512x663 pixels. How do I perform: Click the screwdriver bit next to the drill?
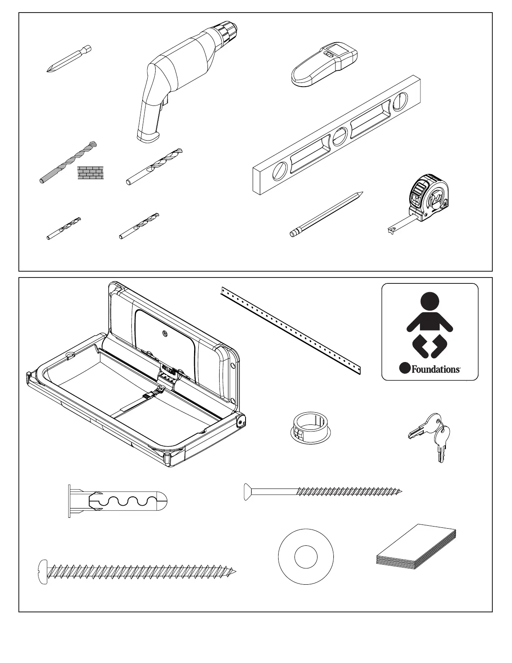pos(69,59)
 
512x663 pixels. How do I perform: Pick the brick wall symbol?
pos(90,172)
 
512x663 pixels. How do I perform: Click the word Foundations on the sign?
pos(435,369)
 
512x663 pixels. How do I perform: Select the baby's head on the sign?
pos(430,301)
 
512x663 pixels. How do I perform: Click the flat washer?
pos(305,557)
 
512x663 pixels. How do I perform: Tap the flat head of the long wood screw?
pos(248,492)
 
